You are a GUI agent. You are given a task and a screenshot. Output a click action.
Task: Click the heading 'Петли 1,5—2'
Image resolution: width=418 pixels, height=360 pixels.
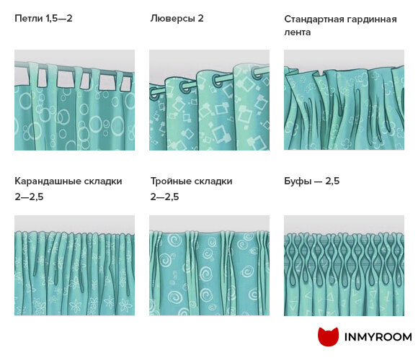tap(43, 19)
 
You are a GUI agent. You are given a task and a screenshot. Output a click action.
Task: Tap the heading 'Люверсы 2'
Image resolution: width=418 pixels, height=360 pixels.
tap(177, 19)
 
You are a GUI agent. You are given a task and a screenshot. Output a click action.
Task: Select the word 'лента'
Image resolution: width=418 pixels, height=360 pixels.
tap(297, 32)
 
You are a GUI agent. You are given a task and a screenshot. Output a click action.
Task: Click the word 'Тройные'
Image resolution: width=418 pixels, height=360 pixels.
tap(170, 181)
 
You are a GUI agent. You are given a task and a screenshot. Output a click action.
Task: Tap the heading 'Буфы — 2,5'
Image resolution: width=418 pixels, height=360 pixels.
tap(311, 181)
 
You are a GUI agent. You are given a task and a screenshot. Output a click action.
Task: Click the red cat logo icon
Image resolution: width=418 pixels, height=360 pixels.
tap(328, 337)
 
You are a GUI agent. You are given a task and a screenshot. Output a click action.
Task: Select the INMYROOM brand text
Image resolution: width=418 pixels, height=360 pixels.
tap(378, 337)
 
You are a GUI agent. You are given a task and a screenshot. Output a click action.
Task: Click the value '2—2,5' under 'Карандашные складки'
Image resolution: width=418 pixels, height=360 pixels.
tap(29, 197)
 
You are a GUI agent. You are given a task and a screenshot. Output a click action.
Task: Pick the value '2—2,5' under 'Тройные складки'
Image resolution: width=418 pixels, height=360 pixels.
tap(164, 197)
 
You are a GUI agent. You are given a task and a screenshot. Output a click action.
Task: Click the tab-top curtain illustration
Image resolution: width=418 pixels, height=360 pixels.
tap(74, 100)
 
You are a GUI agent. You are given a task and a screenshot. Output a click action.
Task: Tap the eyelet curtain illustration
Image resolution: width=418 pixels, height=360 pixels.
tap(209, 100)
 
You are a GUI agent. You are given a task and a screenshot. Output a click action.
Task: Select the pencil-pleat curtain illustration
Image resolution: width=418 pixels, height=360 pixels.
tap(74, 266)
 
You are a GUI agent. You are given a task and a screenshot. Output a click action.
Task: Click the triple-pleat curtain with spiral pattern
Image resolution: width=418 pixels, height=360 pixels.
tap(209, 266)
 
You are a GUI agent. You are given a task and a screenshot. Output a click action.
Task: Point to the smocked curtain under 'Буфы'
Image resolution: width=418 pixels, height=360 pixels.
tap(344, 266)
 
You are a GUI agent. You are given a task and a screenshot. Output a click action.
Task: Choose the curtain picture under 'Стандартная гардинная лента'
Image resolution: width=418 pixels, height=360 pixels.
tap(344, 100)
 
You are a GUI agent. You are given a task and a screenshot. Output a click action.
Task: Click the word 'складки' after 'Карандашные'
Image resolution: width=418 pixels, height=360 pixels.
tap(103, 181)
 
